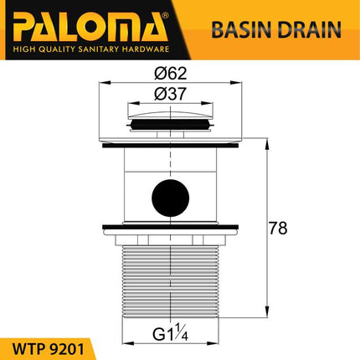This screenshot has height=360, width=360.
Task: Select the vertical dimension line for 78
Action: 268,226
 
